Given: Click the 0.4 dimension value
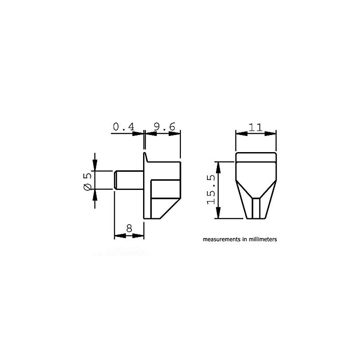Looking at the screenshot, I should (x=123, y=127).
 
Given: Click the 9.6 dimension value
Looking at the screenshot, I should (x=164, y=127).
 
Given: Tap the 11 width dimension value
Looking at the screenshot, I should (x=256, y=127).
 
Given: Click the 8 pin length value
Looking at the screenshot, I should (x=129, y=228).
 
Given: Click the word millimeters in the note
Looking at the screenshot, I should (x=260, y=239).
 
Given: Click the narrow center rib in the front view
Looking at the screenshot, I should (x=256, y=208).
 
